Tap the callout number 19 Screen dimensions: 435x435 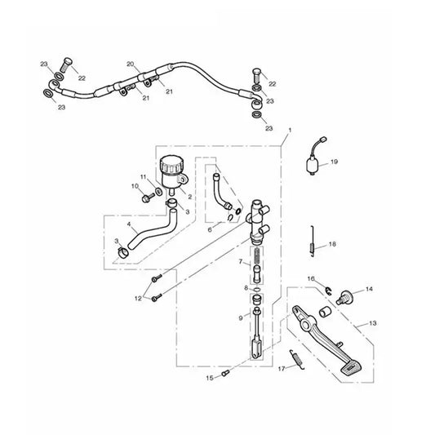coord(335,162)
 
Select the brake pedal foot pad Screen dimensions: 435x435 coord(352,367)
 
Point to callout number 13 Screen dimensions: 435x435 coord(373,323)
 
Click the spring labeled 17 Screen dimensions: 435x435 coord(297,359)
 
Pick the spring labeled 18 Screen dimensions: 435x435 coord(312,241)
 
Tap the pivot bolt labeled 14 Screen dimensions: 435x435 coord(345,297)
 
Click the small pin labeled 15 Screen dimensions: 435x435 coord(225,373)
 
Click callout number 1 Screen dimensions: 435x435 coord(290,130)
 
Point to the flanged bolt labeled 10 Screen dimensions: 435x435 coord(148,198)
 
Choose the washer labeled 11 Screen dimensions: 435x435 coord(159,192)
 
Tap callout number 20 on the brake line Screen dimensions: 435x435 coord(131,64)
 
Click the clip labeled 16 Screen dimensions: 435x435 coord(328,291)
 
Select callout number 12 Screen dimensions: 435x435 coord(138,298)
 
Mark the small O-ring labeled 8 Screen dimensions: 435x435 coord(257,290)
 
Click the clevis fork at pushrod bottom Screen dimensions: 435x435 coord(257,348)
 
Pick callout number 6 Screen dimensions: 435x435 coord(210,229)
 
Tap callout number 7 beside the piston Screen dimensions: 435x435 coord(241,261)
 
